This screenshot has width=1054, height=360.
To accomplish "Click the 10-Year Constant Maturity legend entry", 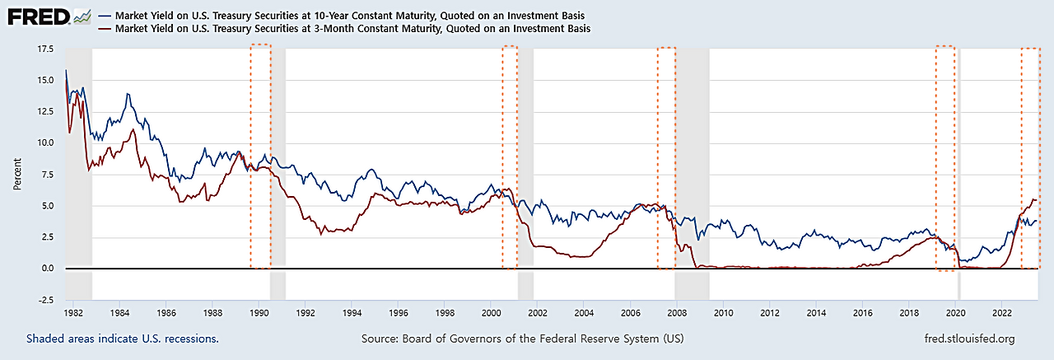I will pyautogui.click(x=354, y=16).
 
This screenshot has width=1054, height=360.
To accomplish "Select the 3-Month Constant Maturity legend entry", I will pyautogui.click(x=354, y=28).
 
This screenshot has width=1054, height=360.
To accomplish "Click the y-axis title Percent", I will pyautogui.click(x=17, y=174).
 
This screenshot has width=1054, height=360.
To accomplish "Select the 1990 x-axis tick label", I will pyautogui.click(x=259, y=314).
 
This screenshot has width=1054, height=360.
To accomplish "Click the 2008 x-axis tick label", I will pyautogui.click(x=677, y=314).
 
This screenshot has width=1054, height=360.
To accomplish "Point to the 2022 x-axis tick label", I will pyautogui.click(x=1002, y=314).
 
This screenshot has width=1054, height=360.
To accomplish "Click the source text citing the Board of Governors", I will pyautogui.click(x=522, y=339).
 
